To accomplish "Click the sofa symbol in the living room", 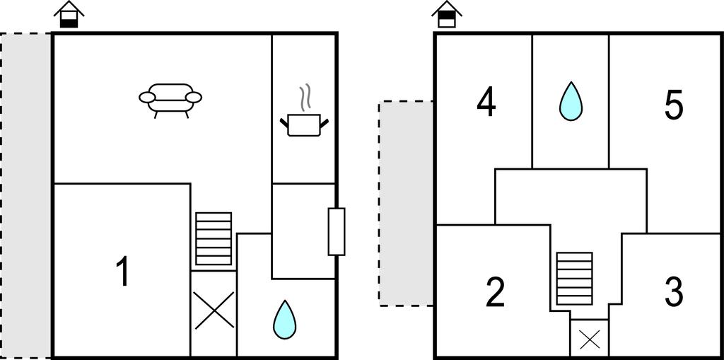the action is pyautogui.click(x=170, y=100).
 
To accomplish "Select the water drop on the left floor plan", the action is pyautogui.click(x=284, y=320).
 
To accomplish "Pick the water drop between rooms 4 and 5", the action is pyautogui.click(x=571, y=101).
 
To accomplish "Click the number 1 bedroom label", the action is pyautogui.click(x=122, y=272).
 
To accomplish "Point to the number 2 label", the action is pyautogui.click(x=496, y=293).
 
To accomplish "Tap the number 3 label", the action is pyautogui.click(x=674, y=293).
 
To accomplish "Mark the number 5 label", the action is pyautogui.click(x=674, y=106).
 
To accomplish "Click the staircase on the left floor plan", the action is pyautogui.click(x=214, y=238).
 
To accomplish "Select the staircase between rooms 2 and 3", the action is pyautogui.click(x=574, y=278).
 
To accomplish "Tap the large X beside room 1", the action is pyautogui.click(x=214, y=310).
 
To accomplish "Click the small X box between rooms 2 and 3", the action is pyautogui.click(x=590, y=339).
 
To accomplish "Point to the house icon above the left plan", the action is pyautogui.click(x=69, y=14).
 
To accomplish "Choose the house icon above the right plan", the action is pyautogui.click(x=447, y=14).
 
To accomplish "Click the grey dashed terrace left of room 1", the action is pyautogui.click(x=25, y=195).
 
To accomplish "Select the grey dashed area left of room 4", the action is pyautogui.click(x=406, y=203).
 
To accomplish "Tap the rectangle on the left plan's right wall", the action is pyautogui.click(x=337, y=231).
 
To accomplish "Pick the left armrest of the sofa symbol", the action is pyautogui.click(x=147, y=97).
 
